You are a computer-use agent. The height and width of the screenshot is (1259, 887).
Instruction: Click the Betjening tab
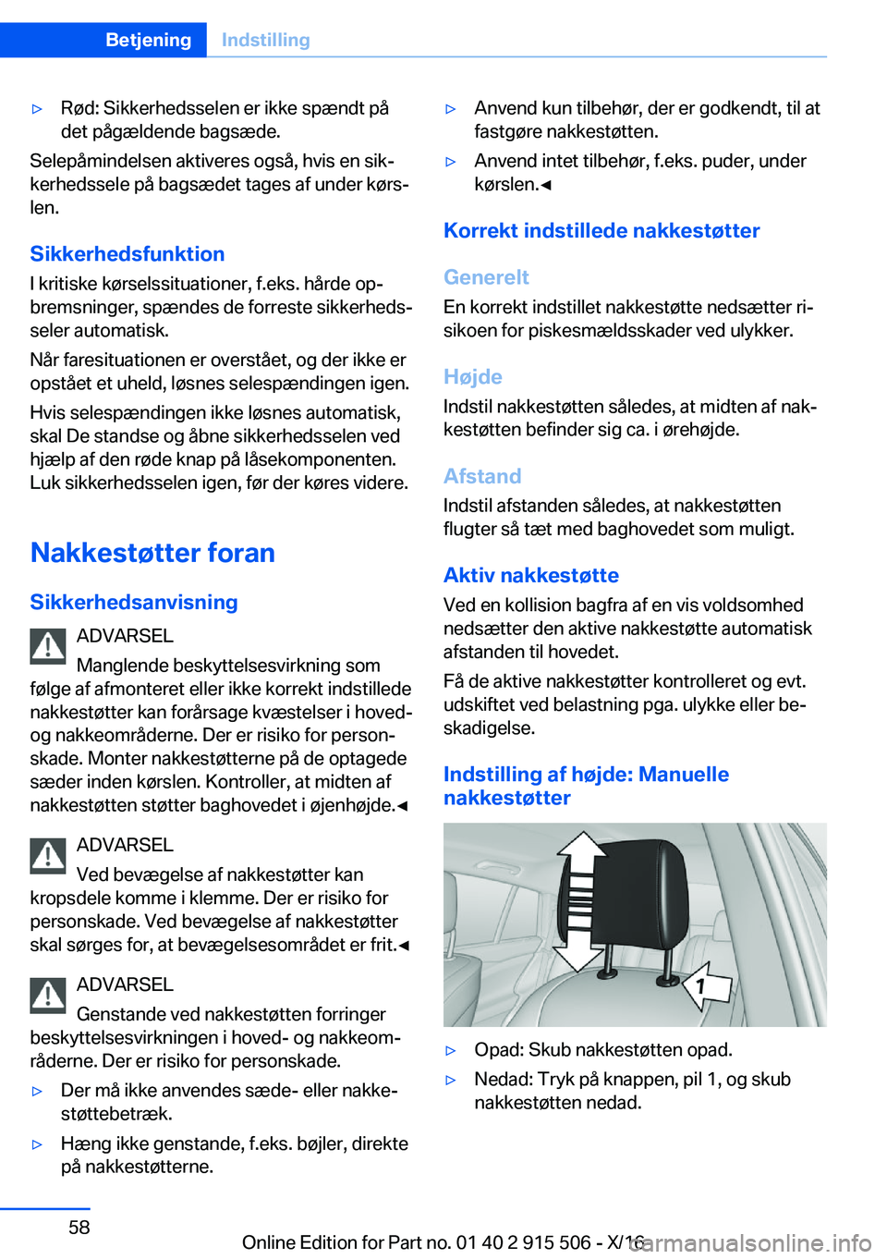pos(148,40)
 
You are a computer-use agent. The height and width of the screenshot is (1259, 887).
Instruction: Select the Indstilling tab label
pos(266,40)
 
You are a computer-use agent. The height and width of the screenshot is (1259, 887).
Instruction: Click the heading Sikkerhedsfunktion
pos(127,254)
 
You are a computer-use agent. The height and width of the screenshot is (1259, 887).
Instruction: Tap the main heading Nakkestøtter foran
pos(152,553)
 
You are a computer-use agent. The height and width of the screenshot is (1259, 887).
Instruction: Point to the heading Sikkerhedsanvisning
pos(134,603)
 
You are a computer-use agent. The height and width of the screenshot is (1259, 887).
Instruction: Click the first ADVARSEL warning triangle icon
pos(47,646)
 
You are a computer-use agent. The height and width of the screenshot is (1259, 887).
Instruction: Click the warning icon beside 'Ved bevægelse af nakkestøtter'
pos(47,855)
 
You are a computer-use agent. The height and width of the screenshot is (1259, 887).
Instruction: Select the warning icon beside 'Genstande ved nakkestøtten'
pos(47,995)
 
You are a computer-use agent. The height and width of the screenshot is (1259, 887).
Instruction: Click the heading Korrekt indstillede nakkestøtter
pos(601,231)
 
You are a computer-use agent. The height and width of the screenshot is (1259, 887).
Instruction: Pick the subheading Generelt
pos(486,277)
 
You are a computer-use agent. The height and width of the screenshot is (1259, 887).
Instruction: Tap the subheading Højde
pos(473,377)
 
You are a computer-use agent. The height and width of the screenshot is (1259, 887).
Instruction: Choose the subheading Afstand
pos(482,476)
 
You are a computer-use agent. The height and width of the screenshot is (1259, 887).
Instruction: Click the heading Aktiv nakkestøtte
pos(531,576)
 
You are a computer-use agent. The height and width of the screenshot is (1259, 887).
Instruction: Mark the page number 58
pos(79,1228)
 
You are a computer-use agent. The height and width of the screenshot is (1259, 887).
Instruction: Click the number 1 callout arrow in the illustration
pos(705,985)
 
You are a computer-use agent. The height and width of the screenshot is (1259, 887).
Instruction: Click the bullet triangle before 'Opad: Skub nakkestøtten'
pos(451,1051)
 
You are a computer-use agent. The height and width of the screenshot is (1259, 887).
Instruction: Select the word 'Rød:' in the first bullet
pos(79,108)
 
